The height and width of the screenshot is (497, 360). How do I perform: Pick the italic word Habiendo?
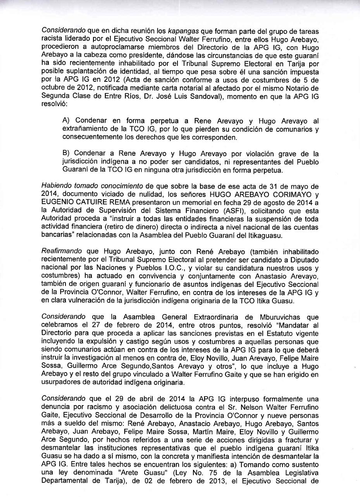(x=54, y=185)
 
